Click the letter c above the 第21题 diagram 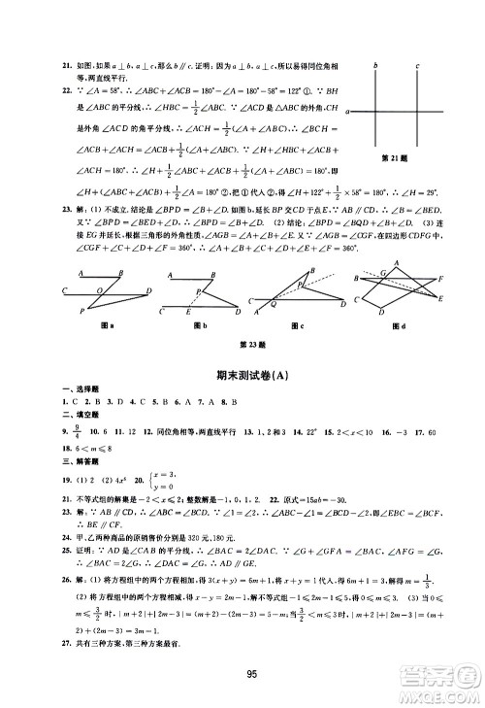click(416, 67)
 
